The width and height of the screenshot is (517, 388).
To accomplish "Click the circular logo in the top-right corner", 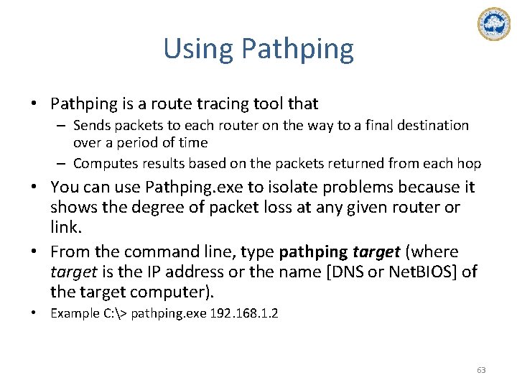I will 493,24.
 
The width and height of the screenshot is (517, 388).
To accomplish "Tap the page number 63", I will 481,370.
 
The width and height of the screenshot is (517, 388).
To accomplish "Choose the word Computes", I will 104,164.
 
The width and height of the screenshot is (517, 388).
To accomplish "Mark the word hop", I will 470,164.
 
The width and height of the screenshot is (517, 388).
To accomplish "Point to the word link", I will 65,228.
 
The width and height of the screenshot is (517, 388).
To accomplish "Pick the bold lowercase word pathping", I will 313,252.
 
